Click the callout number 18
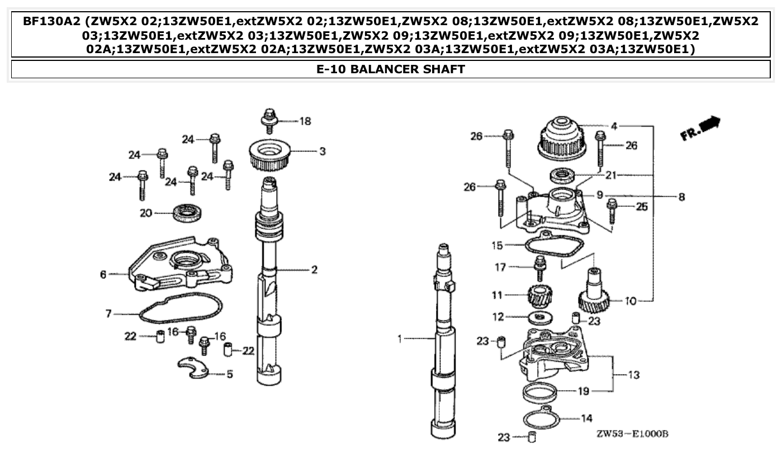pos(305,121)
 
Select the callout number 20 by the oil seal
pos(145,213)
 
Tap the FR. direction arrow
pos(700,128)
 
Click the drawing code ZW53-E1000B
pos(632,434)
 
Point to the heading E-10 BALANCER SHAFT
pos(391,69)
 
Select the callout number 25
pos(642,207)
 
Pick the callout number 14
pos(587,418)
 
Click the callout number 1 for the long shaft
pos(400,339)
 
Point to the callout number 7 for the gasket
pos(108,314)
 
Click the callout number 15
pos(497,245)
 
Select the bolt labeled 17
pos(539,269)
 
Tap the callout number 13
pos(633,375)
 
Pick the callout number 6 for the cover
pos(103,274)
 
